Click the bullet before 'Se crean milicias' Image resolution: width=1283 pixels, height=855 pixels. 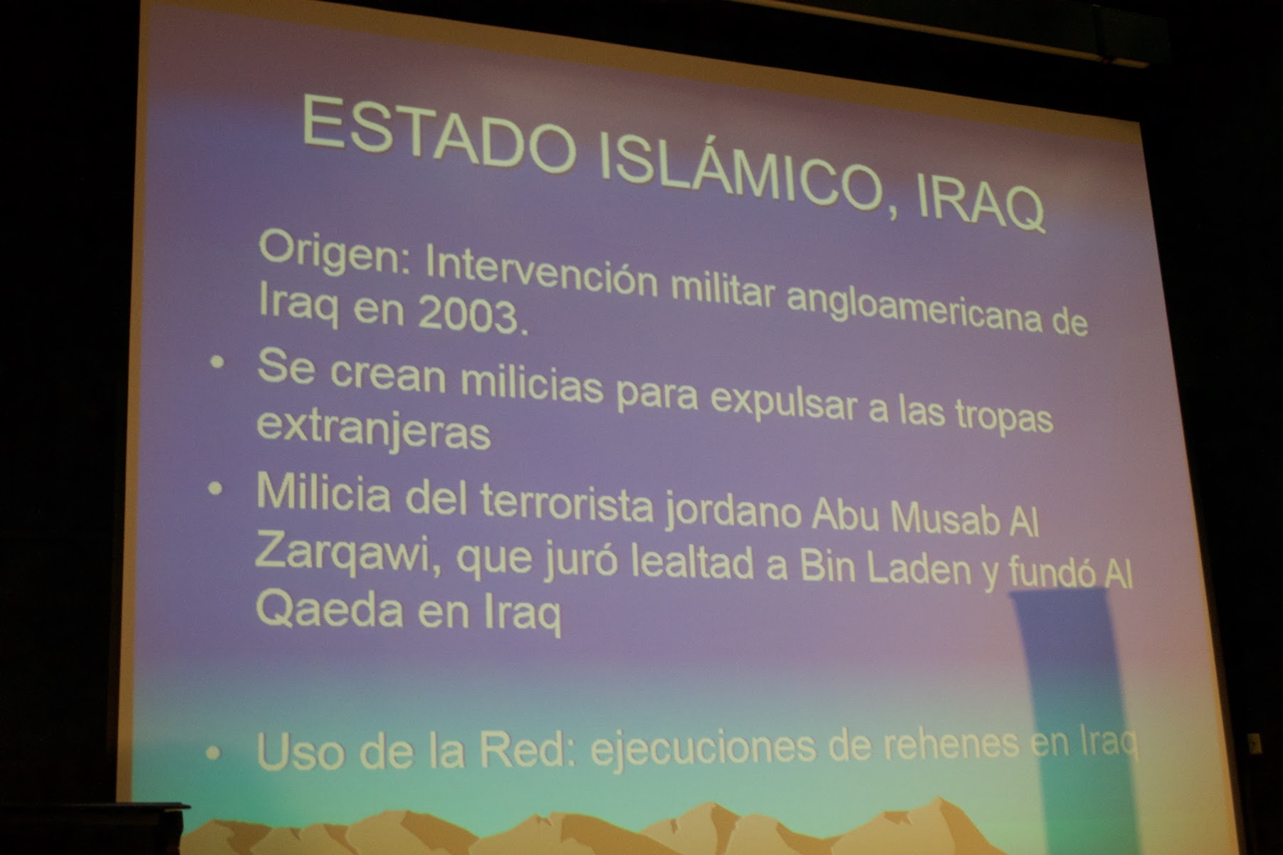click(x=216, y=364)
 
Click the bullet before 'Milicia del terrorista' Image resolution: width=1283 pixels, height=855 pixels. click(x=216, y=490)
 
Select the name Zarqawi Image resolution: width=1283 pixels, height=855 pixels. click(x=344, y=554)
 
